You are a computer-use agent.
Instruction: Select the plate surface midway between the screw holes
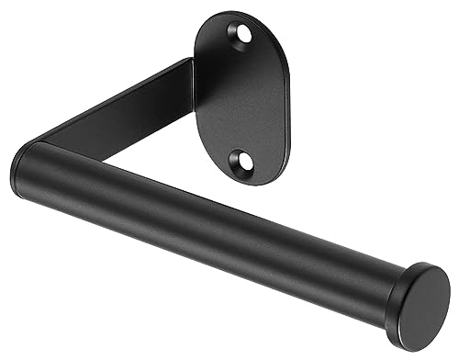click(x=241, y=98)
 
